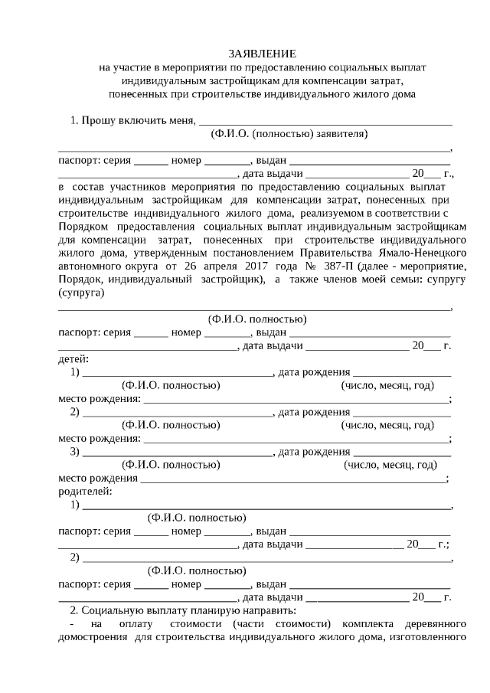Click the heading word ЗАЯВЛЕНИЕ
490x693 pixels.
tap(262, 54)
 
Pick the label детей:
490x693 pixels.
tap(73, 358)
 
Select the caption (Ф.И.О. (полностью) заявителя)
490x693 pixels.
tap(289, 134)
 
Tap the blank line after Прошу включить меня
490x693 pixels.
tap(325, 120)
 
